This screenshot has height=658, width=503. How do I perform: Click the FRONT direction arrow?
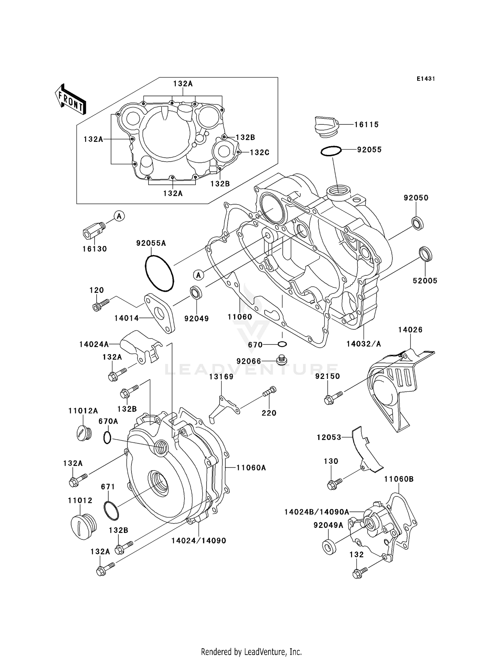click(71, 99)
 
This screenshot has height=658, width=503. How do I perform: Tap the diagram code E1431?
click(426, 79)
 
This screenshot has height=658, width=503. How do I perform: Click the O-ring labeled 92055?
click(331, 151)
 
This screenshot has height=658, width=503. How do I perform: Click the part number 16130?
click(95, 249)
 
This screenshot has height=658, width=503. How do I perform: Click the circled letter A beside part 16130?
click(119, 216)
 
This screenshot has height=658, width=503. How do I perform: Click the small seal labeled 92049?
click(196, 292)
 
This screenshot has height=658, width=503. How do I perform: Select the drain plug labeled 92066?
click(281, 360)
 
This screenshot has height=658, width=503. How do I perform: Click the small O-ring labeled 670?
click(282, 344)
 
